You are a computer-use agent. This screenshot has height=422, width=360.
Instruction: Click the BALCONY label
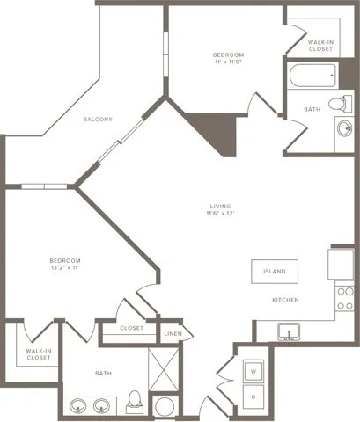click(98, 120)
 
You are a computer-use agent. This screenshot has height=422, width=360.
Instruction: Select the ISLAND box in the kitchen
click(274, 272)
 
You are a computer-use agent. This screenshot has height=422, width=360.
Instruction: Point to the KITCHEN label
click(284, 301)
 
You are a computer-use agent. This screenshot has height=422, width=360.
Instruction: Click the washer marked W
click(253, 371)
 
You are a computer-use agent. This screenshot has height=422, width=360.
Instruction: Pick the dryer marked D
click(253, 397)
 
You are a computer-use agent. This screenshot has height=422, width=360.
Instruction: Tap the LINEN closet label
click(173, 334)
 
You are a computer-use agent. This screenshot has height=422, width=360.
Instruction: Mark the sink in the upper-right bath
click(342, 130)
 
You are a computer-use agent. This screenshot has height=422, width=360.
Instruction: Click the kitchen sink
click(287, 332)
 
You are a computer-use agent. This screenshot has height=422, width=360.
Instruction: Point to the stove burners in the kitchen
click(344, 298)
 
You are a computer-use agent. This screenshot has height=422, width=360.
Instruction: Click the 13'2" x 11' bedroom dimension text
click(65, 268)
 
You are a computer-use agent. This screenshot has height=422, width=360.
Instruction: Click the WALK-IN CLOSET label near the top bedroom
click(320, 46)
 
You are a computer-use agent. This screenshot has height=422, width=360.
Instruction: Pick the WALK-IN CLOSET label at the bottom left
click(38, 354)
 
